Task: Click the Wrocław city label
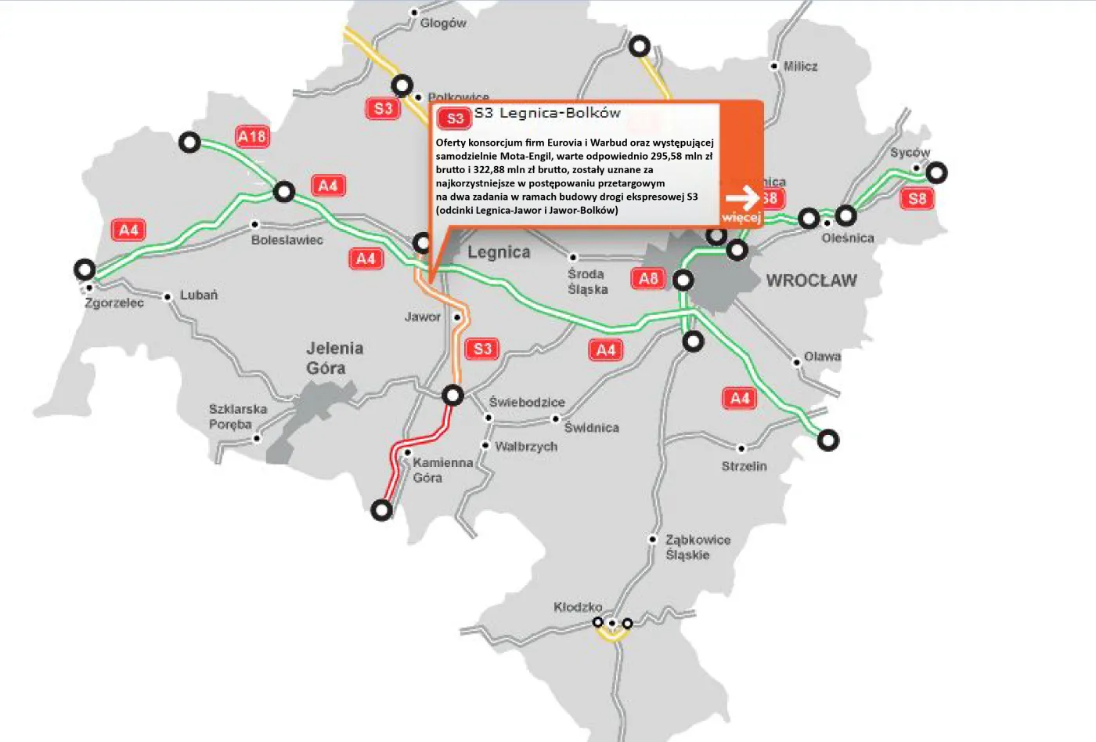(x=811, y=281)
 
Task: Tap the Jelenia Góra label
(x=334, y=358)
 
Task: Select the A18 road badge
(x=252, y=137)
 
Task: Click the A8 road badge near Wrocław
(x=648, y=278)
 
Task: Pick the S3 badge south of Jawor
(x=482, y=349)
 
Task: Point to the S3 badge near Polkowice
(x=383, y=109)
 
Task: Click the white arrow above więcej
(x=741, y=197)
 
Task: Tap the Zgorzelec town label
(x=114, y=302)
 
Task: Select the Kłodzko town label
(x=578, y=607)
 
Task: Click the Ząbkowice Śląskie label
(x=698, y=547)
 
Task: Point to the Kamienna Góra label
(x=442, y=470)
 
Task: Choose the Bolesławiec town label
(x=287, y=240)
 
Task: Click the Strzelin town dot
(x=741, y=449)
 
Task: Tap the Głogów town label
(x=443, y=24)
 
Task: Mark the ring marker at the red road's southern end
(x=381, y=510)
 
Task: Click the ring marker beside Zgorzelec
(x=85, y=270)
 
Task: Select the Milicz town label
(x=800, y=67)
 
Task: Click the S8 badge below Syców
(x=917, y=198)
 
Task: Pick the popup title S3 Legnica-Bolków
(x=547, y=113)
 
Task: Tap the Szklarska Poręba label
(x=237, y=417)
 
